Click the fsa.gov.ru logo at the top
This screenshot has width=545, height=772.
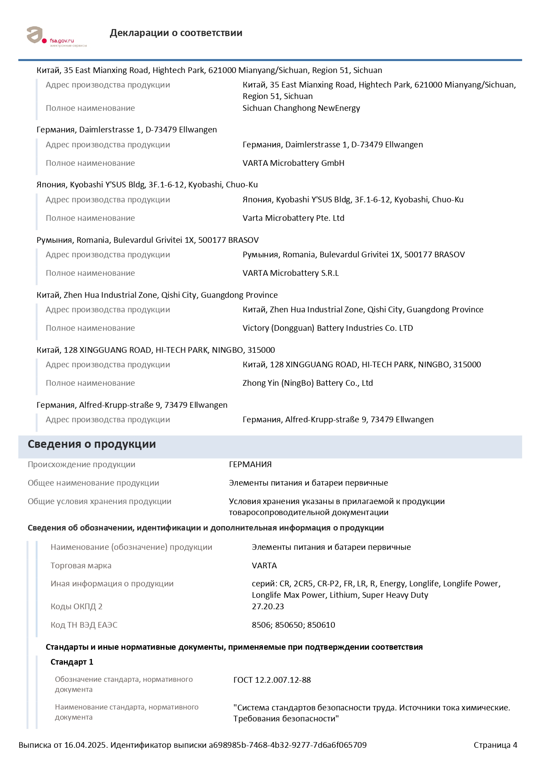56,36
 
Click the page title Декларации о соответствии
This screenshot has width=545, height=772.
176,33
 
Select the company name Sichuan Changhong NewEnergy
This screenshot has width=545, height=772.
301,108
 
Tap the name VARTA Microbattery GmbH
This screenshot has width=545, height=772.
293,163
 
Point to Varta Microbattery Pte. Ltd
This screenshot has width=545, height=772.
293,218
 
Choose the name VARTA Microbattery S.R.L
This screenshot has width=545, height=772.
291,273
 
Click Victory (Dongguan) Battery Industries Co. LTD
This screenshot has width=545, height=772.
327,328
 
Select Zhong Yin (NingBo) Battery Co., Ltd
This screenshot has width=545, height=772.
308,383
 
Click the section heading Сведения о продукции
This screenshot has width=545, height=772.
91,444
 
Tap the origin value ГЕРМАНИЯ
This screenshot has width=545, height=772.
250,465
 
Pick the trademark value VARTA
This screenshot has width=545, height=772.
264,566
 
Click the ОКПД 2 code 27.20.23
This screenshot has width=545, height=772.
268,607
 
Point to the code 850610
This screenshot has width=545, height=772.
321,625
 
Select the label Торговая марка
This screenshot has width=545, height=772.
81,566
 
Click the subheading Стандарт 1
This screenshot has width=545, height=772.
72,662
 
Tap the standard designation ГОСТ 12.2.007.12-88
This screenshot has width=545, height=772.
272,680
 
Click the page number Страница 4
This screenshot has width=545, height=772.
495,745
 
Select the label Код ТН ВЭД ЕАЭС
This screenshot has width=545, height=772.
84,625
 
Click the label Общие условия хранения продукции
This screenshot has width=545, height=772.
99,501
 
